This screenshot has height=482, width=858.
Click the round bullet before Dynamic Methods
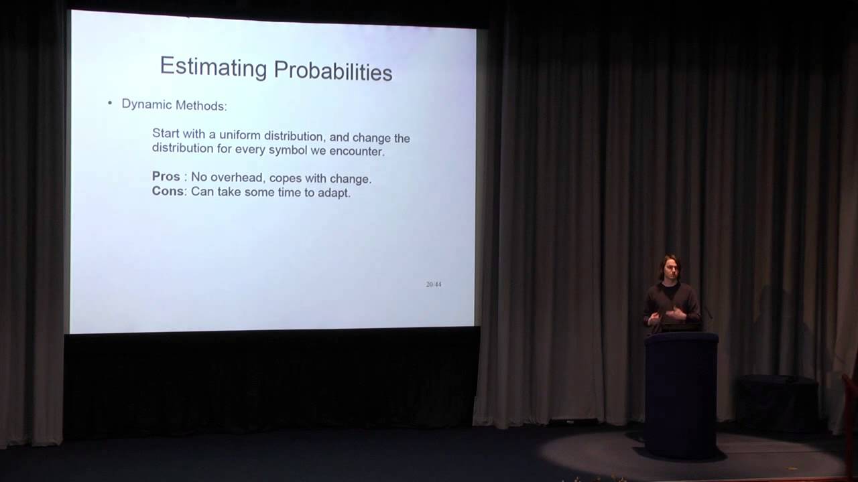tap(110, 103)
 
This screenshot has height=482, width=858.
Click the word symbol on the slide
tap(288, 150)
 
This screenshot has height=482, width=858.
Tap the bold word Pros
tap(166, 177)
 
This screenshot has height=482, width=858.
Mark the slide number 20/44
tap(433, 284)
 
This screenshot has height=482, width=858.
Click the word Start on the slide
tap(166, 133)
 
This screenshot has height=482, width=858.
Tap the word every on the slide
tap(250, 149)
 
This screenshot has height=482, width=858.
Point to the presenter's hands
tap(677, 312)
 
